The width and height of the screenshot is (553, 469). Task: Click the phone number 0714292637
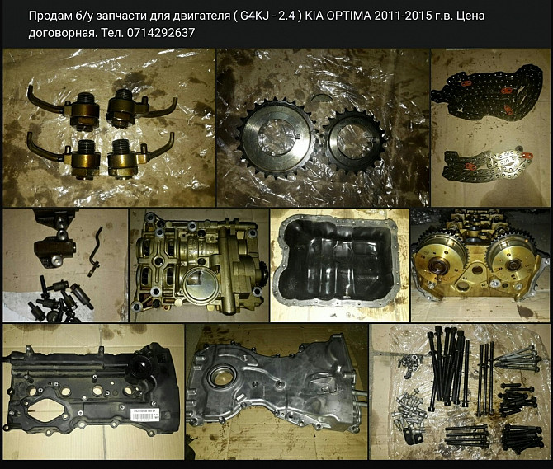(x=160, y=33)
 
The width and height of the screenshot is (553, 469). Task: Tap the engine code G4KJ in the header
(x=256, y=16)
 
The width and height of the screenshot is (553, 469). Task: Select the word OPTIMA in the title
(x=348, y=16)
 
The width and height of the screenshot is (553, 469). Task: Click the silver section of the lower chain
(x=505, y=162)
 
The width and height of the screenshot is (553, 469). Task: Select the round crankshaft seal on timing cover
(x=220, y=378)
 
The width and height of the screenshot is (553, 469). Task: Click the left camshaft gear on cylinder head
(x=442, y=259)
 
